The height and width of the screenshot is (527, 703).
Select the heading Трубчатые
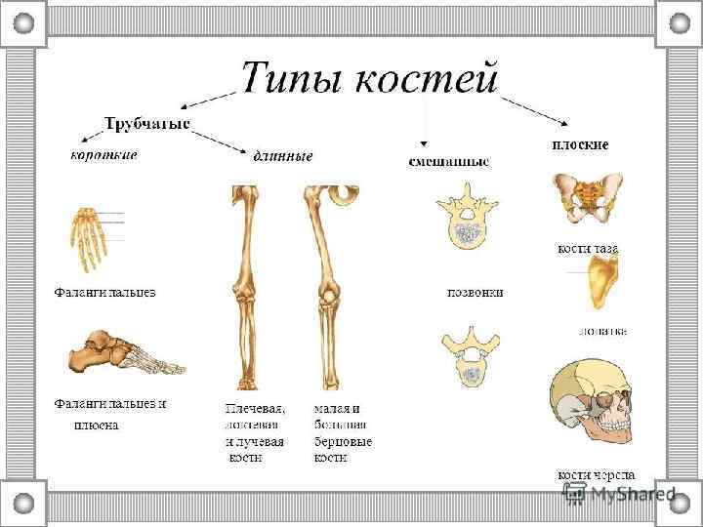pos(146,125)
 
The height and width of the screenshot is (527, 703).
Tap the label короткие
pos(103,154)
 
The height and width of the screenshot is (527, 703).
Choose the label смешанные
pos(448,161)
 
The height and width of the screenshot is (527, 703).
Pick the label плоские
pos(581,144)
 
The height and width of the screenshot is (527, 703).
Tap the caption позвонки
pos(476,292)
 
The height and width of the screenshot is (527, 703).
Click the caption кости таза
pos(588,249)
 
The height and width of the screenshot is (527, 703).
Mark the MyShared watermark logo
pos(619,493)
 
